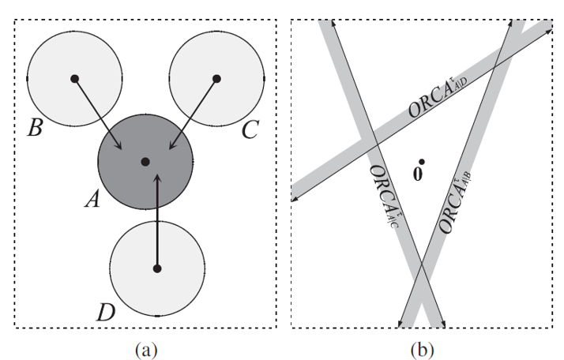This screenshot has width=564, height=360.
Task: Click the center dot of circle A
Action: [x=145, y=161]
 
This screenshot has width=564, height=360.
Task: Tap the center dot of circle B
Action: [x=74, y=78]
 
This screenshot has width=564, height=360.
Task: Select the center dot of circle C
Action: [x=216, y=78]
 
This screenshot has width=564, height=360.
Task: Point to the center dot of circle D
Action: [x=157, y=269]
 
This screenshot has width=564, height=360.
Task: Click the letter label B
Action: [x=34, y=129]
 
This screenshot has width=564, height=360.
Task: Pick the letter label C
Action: [x=250, y=129]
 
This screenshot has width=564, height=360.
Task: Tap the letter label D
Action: [x=105, y=311]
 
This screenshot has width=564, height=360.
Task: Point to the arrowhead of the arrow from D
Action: [x=157, y=176]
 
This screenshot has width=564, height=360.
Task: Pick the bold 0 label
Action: [x=418, y=173]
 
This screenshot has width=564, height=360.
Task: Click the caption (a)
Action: [x=147, y=345]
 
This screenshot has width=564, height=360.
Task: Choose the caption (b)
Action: [x=420, y=345]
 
